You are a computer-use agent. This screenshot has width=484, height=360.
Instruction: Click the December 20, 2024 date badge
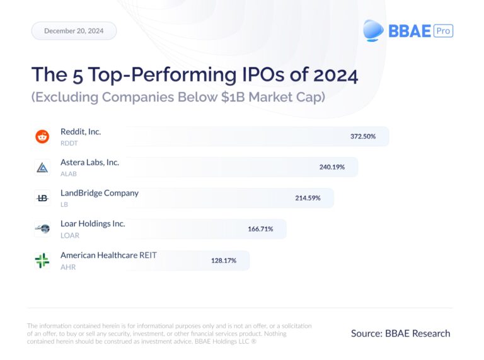(74, 31)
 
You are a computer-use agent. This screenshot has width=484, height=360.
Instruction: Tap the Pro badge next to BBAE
(444, 30)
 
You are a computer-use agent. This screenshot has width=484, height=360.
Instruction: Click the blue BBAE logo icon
(374, 30)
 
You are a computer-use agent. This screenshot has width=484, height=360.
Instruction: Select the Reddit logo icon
(42, 136)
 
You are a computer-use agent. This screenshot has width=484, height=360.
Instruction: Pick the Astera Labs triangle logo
(42, 167)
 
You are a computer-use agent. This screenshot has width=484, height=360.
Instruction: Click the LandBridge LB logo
(42, 198)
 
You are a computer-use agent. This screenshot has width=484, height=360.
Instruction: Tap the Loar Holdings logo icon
(42, 229)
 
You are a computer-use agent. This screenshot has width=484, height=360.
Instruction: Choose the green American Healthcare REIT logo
(42, 260)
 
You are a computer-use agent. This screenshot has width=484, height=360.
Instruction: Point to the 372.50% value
(363, 136)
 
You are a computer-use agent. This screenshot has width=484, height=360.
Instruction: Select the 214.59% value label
(308, 198)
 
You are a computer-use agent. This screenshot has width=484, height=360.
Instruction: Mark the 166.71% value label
(260, 229)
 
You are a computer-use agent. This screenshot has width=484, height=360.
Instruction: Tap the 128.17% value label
(224, 260)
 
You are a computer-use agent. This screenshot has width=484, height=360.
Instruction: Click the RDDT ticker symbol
(69, 143)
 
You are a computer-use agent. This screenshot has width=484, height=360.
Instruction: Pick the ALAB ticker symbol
(69, 174)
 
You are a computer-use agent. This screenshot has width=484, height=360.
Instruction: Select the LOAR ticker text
(69, 236)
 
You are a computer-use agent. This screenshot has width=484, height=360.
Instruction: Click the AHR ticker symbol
(67, 267)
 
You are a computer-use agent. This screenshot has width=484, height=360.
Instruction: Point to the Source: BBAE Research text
(400, 333)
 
